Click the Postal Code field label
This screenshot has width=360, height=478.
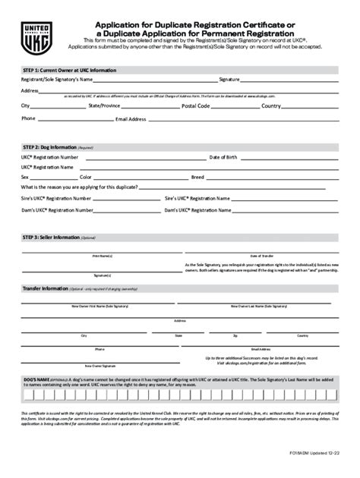[196, 106]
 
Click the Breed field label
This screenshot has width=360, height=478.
[197, 177]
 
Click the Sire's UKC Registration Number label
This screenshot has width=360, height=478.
[50, 198]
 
